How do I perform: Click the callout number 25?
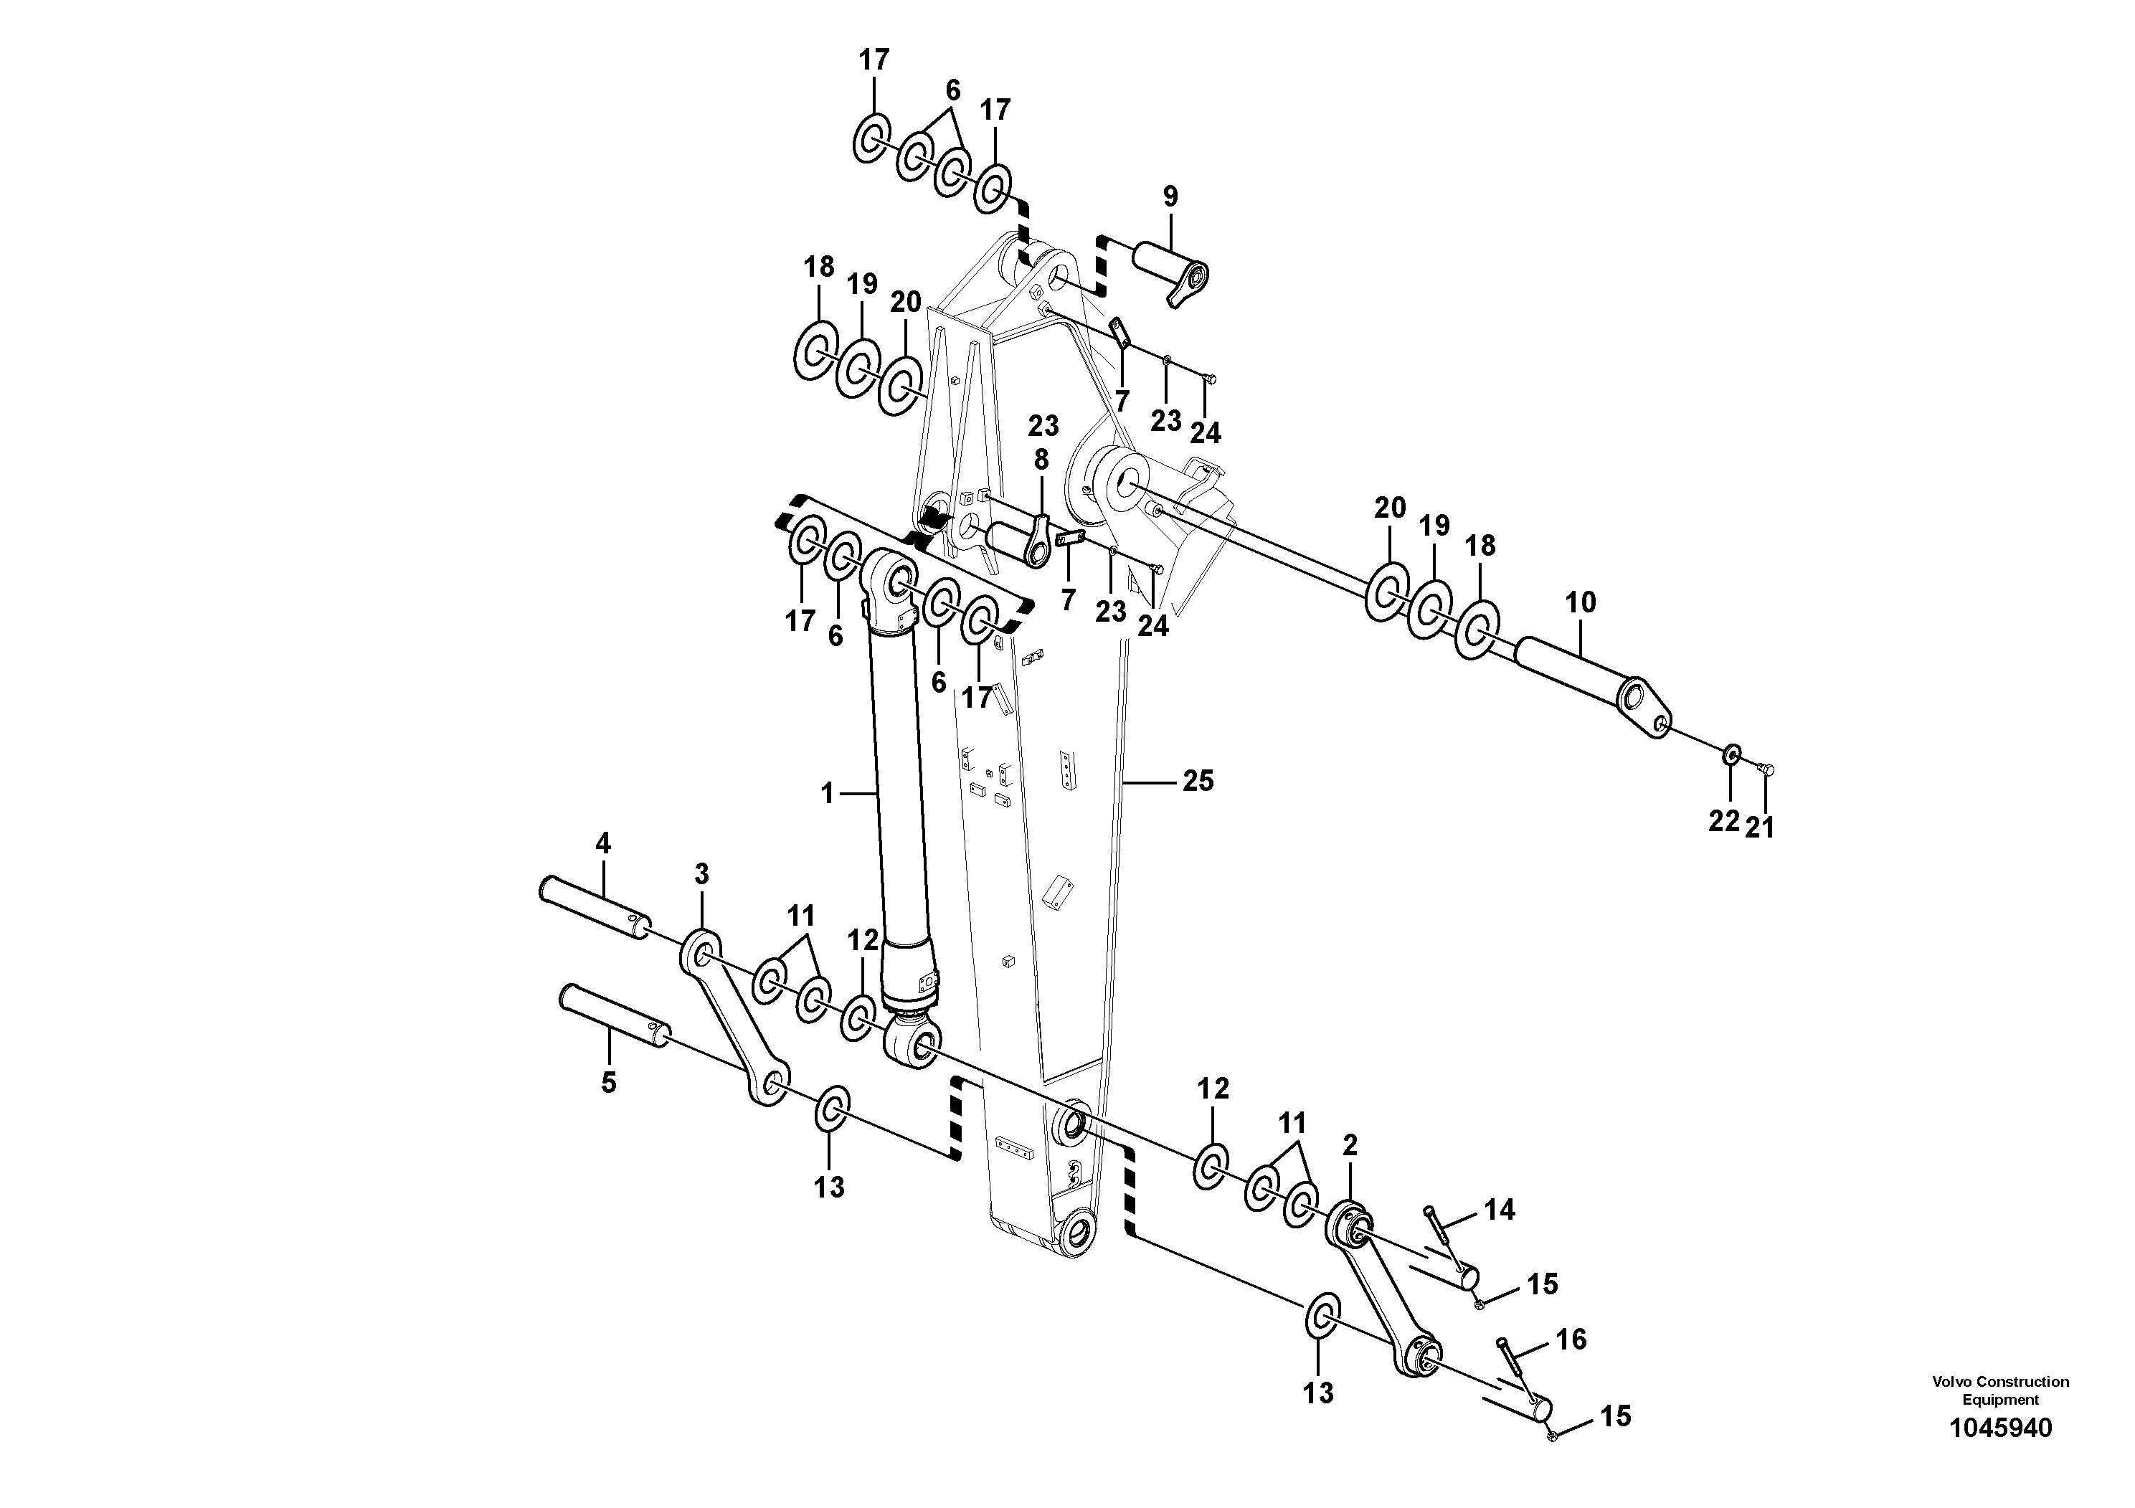(1198, 782)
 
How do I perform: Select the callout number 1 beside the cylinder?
(828, 794)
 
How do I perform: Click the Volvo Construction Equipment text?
(2000, 1391)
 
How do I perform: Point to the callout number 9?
(1170, 196)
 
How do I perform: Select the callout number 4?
(602, 844)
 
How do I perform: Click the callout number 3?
(701, 874)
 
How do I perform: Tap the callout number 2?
(1350, 1145)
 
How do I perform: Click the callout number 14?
(1499, 1210)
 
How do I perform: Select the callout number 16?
(1571, 1339)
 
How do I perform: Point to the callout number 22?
(1723, 822)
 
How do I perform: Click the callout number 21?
(1759, 827)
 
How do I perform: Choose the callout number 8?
(1041, 459)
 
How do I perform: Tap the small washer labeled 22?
(1731, 755)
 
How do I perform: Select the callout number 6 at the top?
(952, 91)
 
